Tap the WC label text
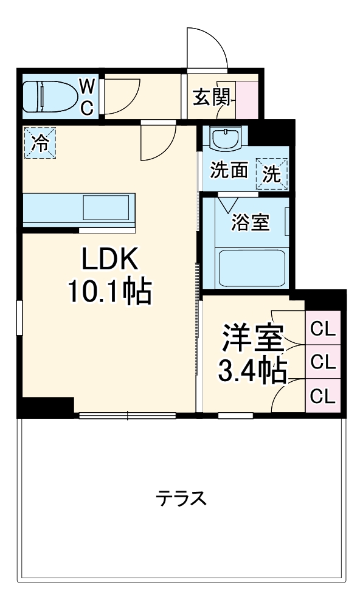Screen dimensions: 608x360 pos(87,97)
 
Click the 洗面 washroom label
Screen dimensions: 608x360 pos(229,171)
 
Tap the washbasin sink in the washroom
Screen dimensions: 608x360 pos(225,137)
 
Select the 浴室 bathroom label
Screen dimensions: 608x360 pos(250,223)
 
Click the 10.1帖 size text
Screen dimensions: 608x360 pos(109,294)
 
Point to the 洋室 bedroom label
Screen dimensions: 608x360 pos(252,339)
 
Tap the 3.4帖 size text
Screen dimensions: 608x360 pos(252,370)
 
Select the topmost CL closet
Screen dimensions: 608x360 pos(322,329)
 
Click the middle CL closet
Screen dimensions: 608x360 pos(322,362)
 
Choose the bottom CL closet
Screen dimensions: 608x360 pos(322,396)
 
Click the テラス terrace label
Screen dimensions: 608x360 pos(181,499)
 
